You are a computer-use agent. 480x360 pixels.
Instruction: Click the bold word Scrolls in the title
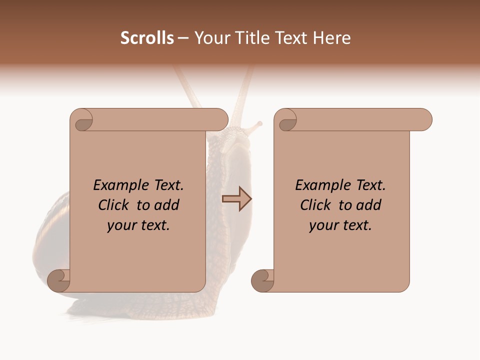[x=147, y=37]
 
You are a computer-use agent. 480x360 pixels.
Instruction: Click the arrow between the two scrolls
[x=236, y=199]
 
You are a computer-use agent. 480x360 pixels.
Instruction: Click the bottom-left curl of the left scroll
[x=58, y=280]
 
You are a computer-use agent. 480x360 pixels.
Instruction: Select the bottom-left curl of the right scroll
[x=262, y=280]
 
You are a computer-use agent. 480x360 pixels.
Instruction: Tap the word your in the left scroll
[x=120, y=225]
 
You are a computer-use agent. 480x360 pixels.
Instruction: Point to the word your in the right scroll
[x=322, y=225]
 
